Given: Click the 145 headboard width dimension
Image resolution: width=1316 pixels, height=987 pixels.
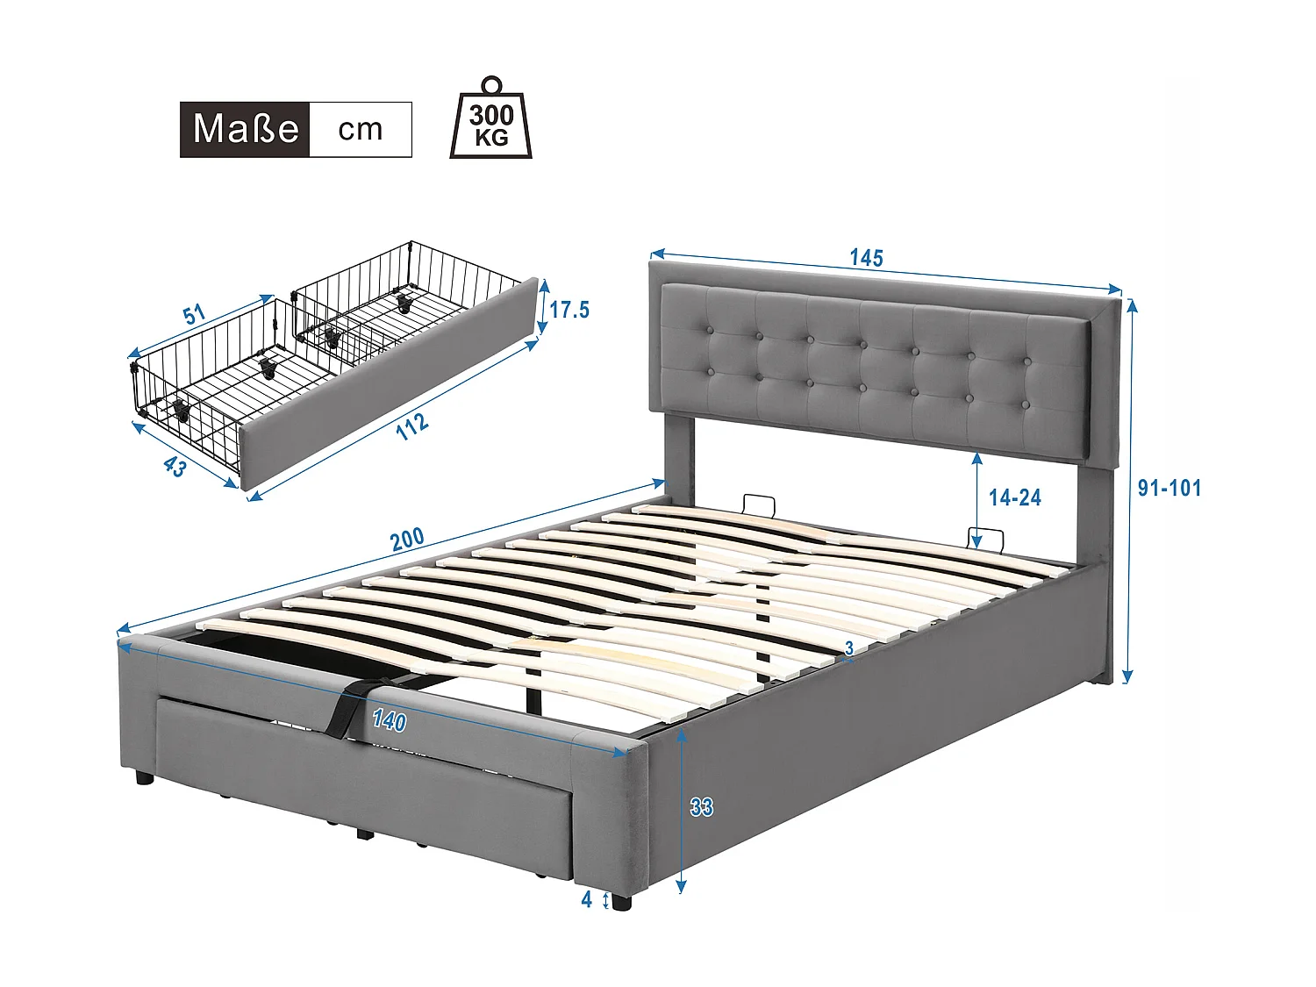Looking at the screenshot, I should [x=866, y=258].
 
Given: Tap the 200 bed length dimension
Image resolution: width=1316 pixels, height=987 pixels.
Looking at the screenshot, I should [x=407, y=539].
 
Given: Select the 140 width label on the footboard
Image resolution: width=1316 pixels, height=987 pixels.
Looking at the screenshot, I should [x=389, y=720].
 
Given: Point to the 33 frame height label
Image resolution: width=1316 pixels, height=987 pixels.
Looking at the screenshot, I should [x=701, y=807].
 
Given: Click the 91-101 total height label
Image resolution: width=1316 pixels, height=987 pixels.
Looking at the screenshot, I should [x=1169, y=488].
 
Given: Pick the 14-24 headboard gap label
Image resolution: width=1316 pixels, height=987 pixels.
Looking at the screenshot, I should [x=1014, y=497].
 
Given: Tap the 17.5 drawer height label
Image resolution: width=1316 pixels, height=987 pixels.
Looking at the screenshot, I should [x=569, y=310].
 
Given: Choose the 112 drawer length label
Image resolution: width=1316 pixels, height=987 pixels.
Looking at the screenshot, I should [x=411, y=426].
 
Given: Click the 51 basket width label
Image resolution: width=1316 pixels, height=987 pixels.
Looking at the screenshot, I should [x=194, y=314].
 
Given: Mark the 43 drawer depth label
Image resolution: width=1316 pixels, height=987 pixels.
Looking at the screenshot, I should [x=175, y=466].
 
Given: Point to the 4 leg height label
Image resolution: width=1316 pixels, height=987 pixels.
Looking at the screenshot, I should [x=587, y=899].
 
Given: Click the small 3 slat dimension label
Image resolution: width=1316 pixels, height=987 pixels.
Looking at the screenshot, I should [x=849, y=648].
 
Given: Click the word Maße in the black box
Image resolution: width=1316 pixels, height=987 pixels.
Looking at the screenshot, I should [x=246, y=129].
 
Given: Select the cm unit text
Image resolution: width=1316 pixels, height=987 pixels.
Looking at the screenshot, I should [x=361, y=130].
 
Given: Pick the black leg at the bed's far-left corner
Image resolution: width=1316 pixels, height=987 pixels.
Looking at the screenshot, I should [x=144, y=777].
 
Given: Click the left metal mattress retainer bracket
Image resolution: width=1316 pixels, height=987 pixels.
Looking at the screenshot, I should [x=758, y=505].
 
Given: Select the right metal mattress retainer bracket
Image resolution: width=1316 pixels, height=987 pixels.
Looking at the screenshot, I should [x=985, y=537].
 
